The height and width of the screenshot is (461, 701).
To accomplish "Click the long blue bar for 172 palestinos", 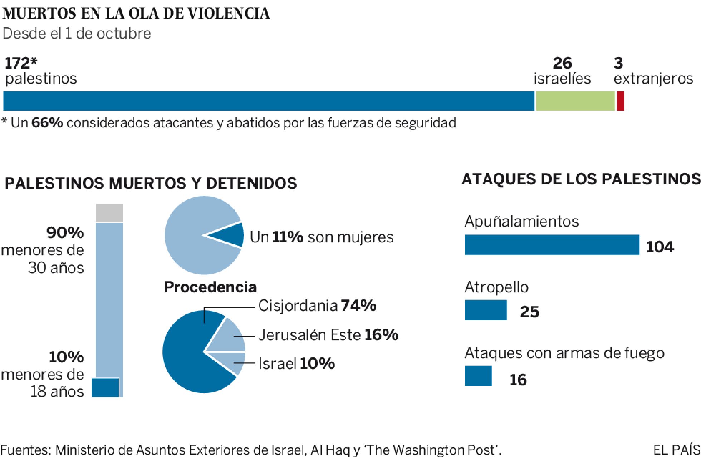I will tap(268, 101).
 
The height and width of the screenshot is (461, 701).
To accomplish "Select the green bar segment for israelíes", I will tap(575, 101).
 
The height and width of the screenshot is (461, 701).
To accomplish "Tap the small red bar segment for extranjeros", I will tap(621, 101).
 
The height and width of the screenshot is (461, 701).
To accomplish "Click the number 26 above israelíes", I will tap(562, 64).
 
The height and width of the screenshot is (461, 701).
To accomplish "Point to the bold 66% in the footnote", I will tap(47, 123).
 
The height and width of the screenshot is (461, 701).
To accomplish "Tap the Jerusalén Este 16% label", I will tap(328, 335).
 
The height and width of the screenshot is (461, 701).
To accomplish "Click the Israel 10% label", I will tap(296, 364).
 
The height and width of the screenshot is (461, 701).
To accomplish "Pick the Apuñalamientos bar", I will tap(552, 245).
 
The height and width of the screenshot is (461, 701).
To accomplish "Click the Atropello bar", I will tap(486, 310).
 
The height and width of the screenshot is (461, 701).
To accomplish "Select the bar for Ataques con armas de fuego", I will tap(478, 376).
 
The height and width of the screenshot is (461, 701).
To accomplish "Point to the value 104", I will tap(660, 247).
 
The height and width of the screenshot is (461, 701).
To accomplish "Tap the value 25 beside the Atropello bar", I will tap(529, 312).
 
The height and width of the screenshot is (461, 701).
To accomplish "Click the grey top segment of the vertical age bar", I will tap(109, 213).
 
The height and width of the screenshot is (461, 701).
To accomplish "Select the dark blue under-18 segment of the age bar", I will tap(105, 388).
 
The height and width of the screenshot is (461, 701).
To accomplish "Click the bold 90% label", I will tap(65, 233).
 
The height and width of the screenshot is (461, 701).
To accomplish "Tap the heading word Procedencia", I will tap(210, 287).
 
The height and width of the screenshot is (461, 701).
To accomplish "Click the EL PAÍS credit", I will tap(676, 450).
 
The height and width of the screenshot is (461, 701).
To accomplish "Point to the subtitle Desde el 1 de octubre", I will tap(77, 34).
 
